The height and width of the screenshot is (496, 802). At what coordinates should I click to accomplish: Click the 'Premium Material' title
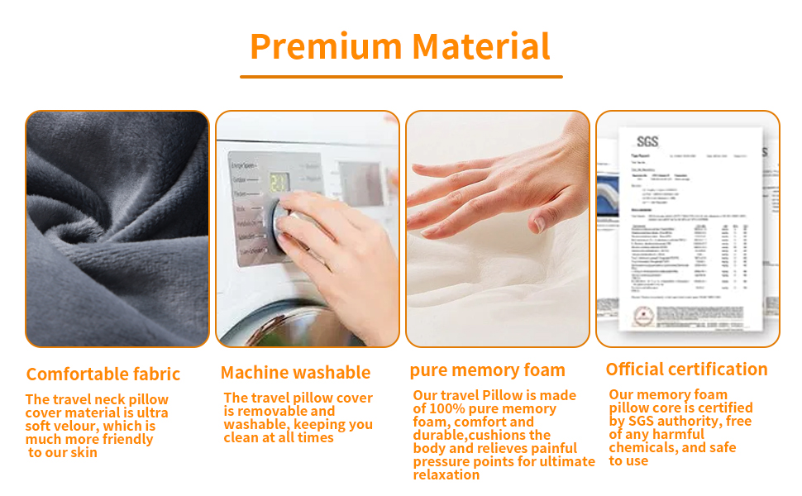tap(400, 46)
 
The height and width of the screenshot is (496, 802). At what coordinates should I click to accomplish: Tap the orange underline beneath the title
tap(401, 77)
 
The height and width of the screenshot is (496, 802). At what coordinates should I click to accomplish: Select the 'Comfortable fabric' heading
tap(103, 374)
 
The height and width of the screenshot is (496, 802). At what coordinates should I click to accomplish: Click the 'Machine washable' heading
tap(295, 373)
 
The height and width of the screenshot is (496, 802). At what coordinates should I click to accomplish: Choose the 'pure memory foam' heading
tap(488, 370)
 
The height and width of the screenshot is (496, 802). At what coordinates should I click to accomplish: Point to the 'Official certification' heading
tap(686, 370)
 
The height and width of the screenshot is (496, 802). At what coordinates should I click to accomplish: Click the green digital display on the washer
tap(280, 182)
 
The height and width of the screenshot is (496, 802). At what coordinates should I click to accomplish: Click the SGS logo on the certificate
tap(647, 141)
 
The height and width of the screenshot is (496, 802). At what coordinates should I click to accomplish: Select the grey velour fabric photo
tap(117, 229)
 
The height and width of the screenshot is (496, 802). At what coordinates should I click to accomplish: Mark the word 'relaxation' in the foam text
tap(446, 475)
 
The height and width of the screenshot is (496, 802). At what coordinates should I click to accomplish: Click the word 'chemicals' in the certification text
tap(643, 448)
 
